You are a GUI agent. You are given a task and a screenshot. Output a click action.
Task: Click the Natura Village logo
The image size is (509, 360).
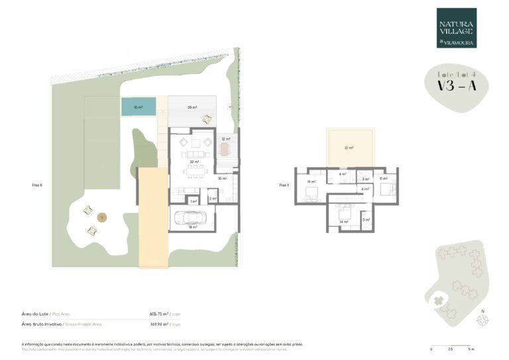coord(457,28)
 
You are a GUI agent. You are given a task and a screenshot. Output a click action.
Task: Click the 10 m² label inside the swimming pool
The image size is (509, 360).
coord(138,106)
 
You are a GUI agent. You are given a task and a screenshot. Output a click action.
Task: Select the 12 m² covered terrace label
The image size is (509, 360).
coord(226,139)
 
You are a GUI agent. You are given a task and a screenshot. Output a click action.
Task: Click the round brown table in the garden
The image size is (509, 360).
coord(102,217)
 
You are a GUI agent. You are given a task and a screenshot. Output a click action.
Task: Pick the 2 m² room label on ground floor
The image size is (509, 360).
coord(213,199)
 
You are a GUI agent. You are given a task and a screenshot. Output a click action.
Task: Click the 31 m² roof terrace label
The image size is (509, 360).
coord(350,148)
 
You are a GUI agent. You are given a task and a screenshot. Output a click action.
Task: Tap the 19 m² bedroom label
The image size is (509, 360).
coord(310,180)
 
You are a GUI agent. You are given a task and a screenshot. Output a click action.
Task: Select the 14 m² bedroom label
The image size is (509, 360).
coord(343,222)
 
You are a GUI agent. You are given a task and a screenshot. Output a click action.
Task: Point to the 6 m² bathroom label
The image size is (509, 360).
coord(342,174)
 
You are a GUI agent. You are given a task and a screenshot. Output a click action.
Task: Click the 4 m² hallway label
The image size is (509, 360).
coord(365,190)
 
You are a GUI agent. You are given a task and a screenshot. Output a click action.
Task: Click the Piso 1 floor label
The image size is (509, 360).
coord(284,186)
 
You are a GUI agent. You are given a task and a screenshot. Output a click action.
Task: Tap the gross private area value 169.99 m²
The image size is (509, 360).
coord(160,324)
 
